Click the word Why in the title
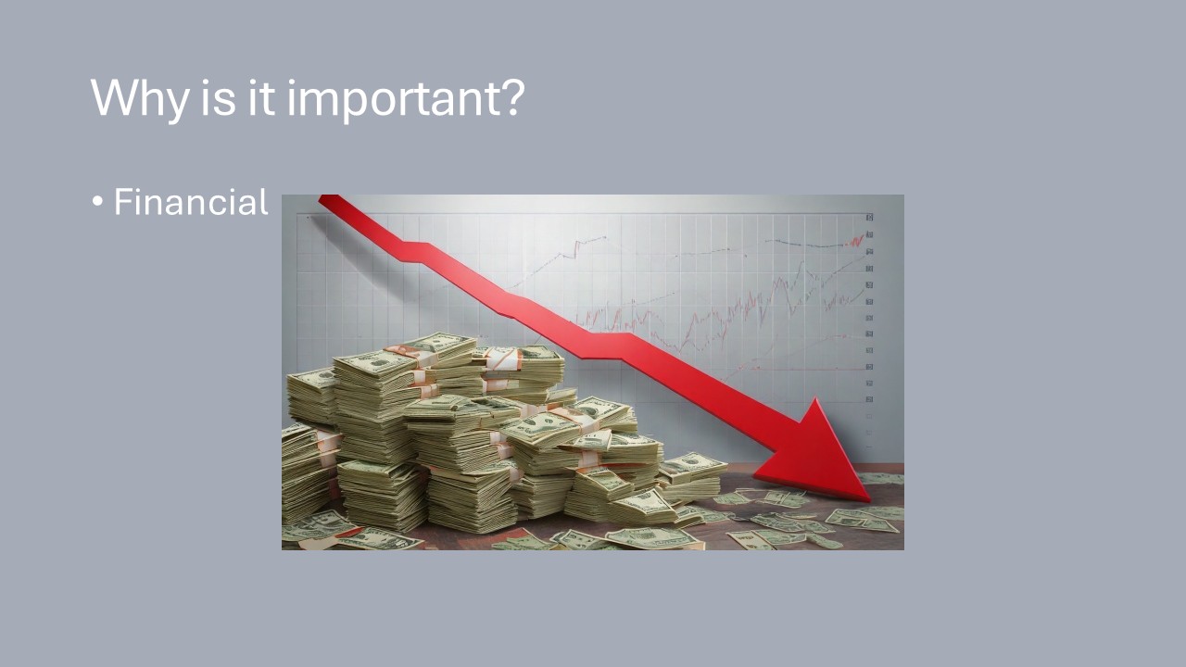(x=140, y=98)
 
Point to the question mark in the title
(x=512, y=97)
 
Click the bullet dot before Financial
(x=97, y=202)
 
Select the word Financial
(x=191, y=202)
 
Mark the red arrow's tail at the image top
(x=329, y=199)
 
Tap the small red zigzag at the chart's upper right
(x=855, y=241)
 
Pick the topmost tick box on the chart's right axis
(x=869, y=217)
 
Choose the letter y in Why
(x=176, y=105)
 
